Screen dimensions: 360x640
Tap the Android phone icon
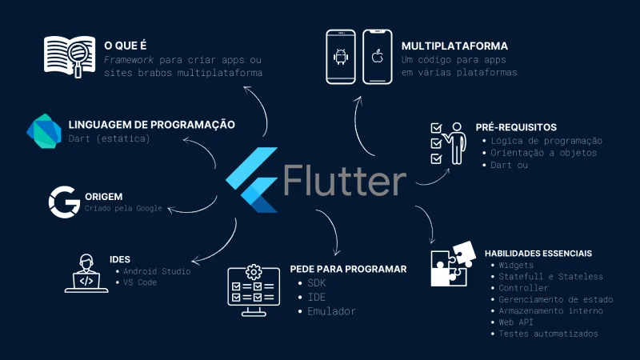342,57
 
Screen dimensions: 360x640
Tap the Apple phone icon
378,57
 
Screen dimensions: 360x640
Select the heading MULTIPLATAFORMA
454,46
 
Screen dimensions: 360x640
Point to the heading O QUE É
125,46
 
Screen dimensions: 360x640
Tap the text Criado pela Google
123,208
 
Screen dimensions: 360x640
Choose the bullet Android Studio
157,271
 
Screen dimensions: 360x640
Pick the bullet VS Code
143,282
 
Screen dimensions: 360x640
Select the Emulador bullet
331,311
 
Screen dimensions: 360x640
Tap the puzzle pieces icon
454,263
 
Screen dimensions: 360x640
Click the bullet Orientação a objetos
544,153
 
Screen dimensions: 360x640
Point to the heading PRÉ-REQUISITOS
516,127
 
